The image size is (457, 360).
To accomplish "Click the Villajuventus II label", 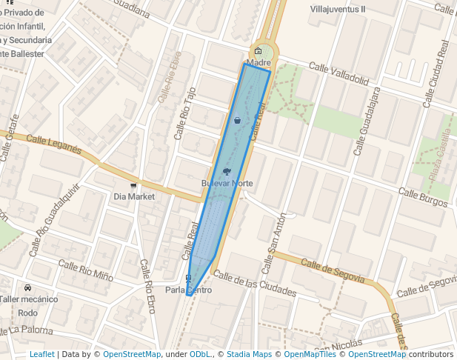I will [x=338, y=9].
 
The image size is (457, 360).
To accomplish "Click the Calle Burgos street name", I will [x=422, y=197].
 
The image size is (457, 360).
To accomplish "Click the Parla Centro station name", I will [x=188, y=290].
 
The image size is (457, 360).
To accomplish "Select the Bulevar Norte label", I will [x=227, y=183].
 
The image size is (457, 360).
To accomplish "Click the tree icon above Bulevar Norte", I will [x=227, y=171].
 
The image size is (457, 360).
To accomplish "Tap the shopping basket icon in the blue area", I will [x=237, y=119].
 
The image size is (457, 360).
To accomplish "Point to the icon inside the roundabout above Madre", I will [x=258, y=51].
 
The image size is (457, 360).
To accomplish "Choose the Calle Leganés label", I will [x=53, y=143].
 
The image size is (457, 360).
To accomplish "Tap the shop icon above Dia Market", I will [x=133, y=185].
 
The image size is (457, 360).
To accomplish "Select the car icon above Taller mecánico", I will [x=27, y=287].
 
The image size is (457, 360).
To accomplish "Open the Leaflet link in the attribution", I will [x=41, y=354].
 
